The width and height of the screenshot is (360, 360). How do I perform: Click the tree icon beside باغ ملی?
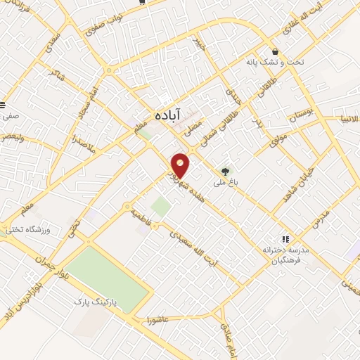tap(225, 171)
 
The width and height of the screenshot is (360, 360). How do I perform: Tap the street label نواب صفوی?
tap(104, 25)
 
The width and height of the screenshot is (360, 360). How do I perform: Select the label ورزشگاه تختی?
tap(25, 229)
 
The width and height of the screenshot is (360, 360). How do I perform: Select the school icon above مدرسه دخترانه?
tap(285, 239)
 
